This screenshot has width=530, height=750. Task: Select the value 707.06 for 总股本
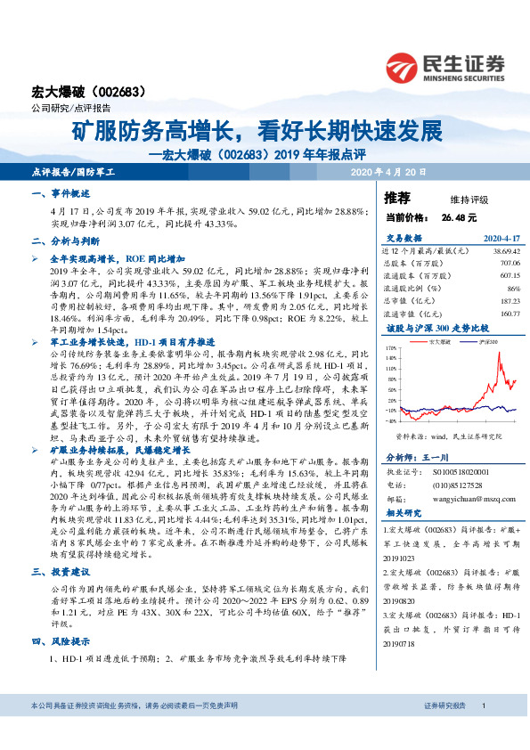tap(507, 264)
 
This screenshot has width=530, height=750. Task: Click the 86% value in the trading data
tap(512, 289)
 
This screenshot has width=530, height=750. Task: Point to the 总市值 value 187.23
tap(507, 301)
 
